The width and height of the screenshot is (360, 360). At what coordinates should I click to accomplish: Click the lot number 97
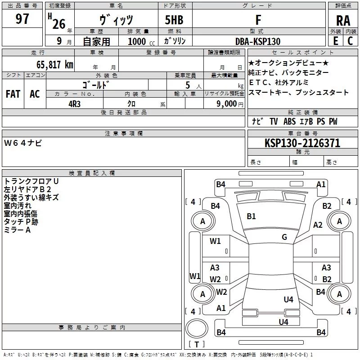[x=22, y=18]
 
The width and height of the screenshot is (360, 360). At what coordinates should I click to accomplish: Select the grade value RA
[x=343, y=21]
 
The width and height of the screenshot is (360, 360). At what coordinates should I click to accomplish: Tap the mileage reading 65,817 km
[x=55, y=65]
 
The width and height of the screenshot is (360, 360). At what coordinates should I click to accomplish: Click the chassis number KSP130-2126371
[x=302, y=143]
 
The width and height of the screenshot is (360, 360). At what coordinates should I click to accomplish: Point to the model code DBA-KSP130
[x=258, y=41]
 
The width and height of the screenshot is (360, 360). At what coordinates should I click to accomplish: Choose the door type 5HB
[x=174, y=20]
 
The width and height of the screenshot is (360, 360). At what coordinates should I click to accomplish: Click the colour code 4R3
[x=74, y=104]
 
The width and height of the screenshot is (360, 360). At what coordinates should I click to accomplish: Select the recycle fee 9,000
[x=227, y=103]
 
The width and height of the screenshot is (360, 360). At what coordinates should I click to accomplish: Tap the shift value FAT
[x=13, y=94]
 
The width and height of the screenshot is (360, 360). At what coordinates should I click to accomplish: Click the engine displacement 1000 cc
[x=141, y=41]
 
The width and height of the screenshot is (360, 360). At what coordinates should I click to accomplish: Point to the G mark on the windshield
[x=284, y=237]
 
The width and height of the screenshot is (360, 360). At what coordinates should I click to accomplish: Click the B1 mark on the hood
[x=251, y=216]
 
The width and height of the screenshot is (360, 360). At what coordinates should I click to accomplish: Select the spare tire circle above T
[x=197, y=328]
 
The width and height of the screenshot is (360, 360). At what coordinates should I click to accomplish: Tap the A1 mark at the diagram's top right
[x=321, y=184]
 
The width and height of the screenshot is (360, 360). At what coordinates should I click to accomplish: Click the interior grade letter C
[x=350, y=41]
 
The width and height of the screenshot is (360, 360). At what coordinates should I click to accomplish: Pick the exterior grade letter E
[x=336, y=41]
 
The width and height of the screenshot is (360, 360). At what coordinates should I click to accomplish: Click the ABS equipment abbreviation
[x=289, y=121]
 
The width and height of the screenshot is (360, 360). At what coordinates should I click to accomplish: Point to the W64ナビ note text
[x=23, y=143]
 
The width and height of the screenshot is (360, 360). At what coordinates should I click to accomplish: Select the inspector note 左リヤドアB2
[x=27, y=189]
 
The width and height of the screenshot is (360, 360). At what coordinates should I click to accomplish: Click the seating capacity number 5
[x=188, y=85]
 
